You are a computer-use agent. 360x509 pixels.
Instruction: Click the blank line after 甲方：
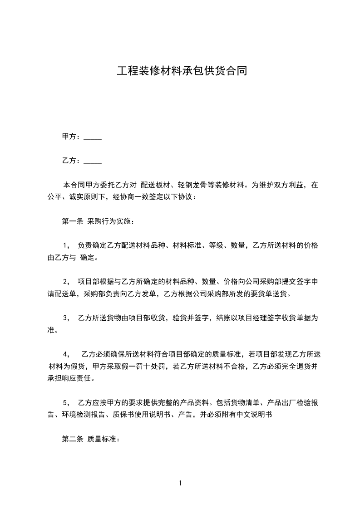point(93,137)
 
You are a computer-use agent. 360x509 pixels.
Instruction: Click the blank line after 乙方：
point(93,161)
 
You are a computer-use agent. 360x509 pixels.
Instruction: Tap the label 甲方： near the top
point(71,137)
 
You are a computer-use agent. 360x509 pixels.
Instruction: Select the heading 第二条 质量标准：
point(90,440)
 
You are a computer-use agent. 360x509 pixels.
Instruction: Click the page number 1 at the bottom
point(180,483)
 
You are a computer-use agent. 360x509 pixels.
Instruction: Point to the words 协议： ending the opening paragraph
point(188,197)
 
